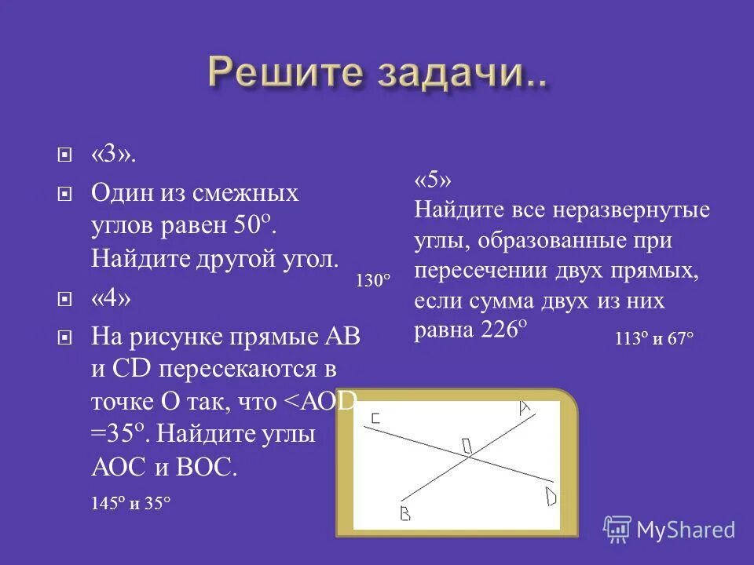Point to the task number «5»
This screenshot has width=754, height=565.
click(x=433, y=180)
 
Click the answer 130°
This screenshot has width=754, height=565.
click(x=372, y=280)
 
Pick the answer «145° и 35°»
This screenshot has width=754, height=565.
click(x=131, y=504)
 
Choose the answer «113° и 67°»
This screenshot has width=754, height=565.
click(x=654, y=339)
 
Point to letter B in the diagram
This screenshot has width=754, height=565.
click(x=405, y=514)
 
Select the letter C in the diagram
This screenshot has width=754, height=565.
click(x=375, y=420)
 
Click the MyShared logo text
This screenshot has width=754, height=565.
click(x=685, y=530)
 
